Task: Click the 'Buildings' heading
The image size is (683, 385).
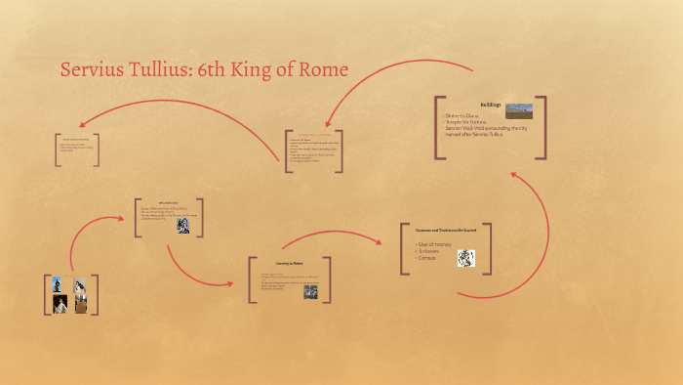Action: coord(490,104)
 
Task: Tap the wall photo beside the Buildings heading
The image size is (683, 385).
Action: coord(519,110)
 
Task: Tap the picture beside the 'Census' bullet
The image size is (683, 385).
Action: coord(466,258)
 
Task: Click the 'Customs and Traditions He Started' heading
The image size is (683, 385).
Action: coord(445,230)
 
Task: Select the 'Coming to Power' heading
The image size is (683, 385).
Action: coord(290,264)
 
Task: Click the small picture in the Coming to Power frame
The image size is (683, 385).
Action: coord(310,290)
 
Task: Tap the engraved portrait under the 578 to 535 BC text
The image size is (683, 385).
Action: coord(182,226)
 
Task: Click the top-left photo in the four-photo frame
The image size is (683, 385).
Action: coord(58,284)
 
